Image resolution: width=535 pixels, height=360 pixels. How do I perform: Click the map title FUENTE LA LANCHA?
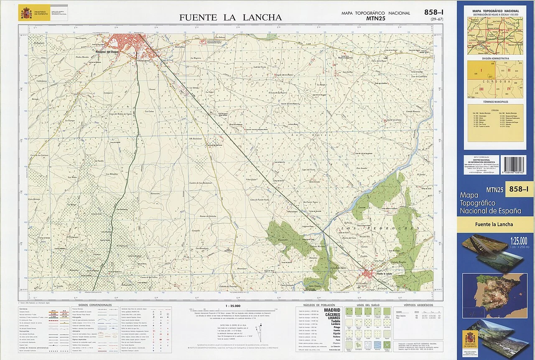coord(230,18)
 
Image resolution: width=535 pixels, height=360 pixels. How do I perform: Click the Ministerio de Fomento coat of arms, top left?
coord(26,13)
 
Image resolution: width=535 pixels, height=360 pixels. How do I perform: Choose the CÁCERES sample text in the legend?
coord(331,314)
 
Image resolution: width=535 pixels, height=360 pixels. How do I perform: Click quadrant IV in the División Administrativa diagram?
coord(509,89)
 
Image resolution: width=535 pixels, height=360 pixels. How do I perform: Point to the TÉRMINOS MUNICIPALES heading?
coord(495,102)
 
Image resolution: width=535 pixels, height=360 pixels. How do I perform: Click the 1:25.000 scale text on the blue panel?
coord(518,240)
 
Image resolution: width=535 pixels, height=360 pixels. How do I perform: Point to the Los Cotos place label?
coord(149,111)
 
